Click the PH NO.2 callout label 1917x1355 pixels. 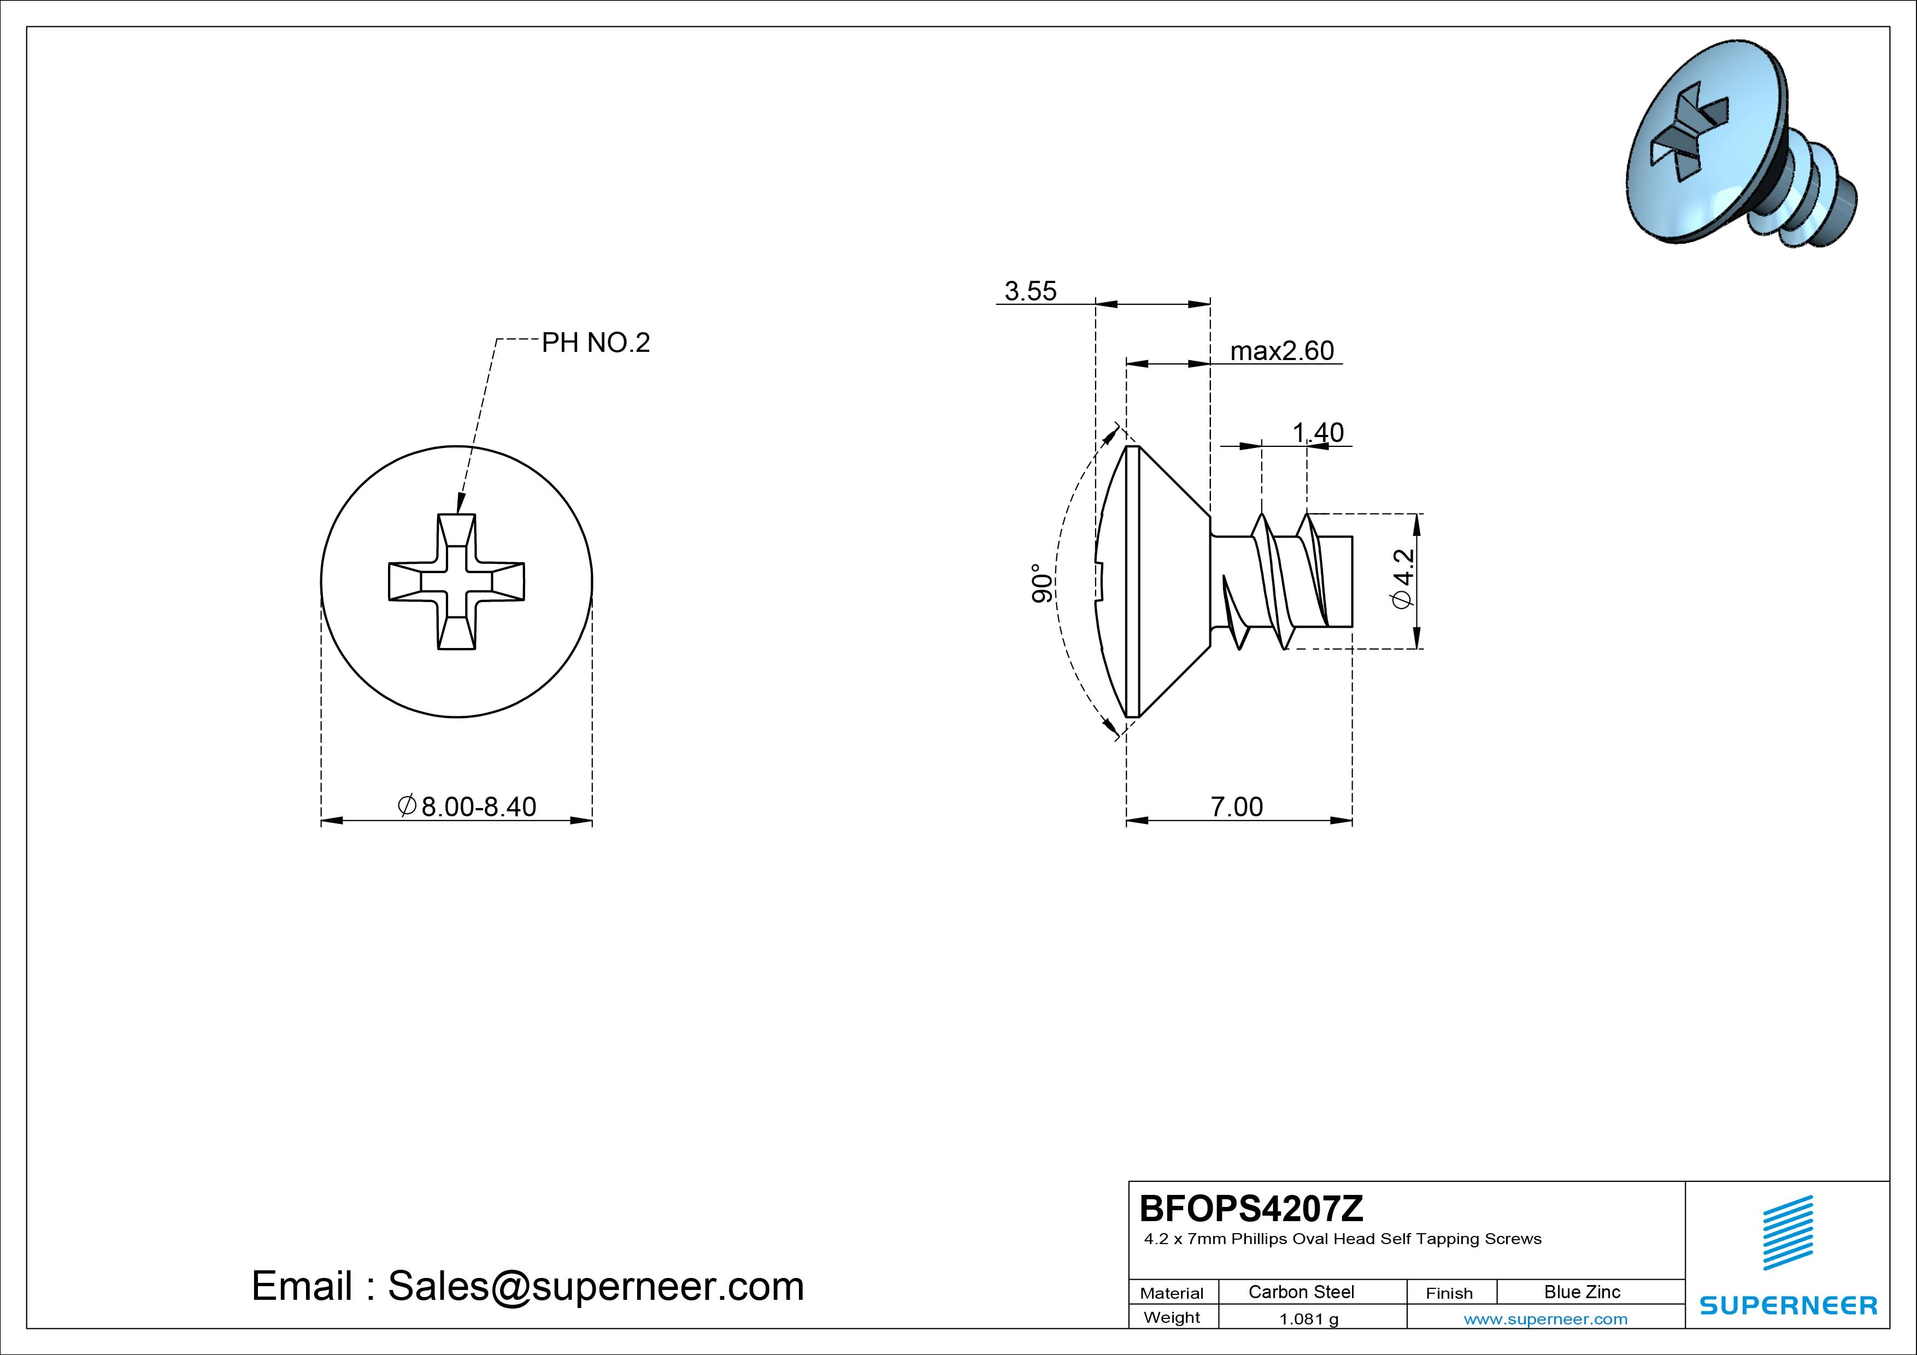point(595,342)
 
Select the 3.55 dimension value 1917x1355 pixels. point(1030,291)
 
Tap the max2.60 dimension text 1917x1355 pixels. point(1281,351)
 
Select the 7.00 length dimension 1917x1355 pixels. point(1237,806)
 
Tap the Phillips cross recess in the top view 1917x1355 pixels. point(457,581)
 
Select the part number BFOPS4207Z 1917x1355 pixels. point(1251,1208)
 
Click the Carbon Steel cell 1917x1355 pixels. point(1301,1292)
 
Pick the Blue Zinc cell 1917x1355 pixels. point(1581,1292)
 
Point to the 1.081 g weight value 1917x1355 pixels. point(1308,1319)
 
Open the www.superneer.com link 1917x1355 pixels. point(1545,1319)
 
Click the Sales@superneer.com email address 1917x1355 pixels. point(595,1286)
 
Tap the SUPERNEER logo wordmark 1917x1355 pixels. point(1787,1305)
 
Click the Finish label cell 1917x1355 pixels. point(1449,1292)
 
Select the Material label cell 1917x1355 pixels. point(1172,1292)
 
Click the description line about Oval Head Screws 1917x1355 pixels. point(1342,1239)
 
